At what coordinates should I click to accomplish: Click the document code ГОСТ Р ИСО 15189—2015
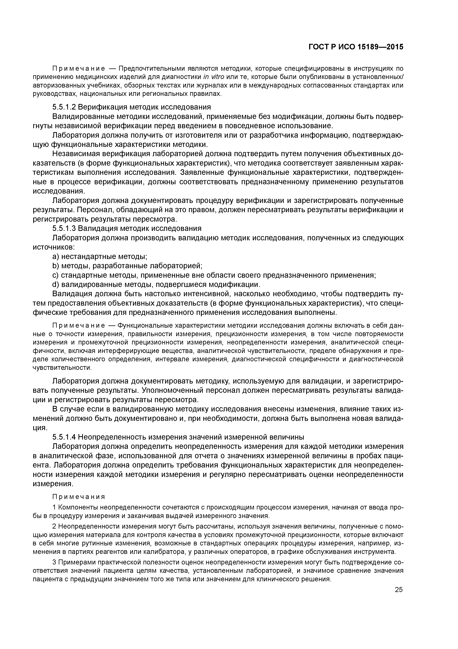coord(356,47)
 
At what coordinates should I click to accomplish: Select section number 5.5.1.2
coord(64,107)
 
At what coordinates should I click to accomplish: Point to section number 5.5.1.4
coord(64,437)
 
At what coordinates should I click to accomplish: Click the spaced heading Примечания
coord(79,497)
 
